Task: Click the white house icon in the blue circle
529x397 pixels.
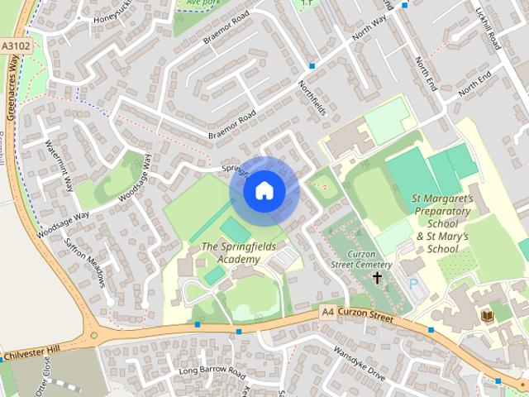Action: (x=264, y=190)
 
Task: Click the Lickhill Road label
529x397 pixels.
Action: (x=485, y=29)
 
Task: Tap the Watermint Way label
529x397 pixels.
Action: (x=60, y=163)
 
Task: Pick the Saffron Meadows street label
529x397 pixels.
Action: (x=86, y=263)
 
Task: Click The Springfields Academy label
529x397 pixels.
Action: (x=231, y=253)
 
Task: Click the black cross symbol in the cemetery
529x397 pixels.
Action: (x=378, y=278)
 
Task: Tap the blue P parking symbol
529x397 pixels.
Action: (x=413, y=284)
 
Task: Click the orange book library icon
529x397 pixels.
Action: (x=487, y=316)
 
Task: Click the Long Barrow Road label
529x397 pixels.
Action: (x=212, y=371)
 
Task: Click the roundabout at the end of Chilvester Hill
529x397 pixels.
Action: (x=96, y=336)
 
